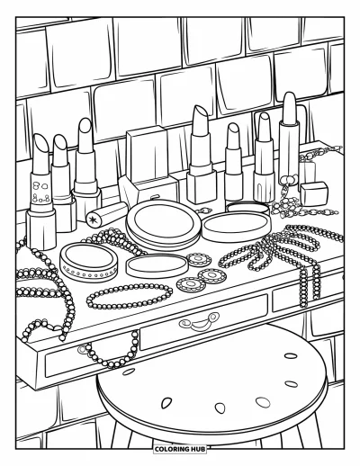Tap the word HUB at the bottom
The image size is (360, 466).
tap(199, 449)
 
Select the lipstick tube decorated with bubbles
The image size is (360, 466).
tap(41, 192)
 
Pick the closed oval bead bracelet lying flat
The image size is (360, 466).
tap(130, 297)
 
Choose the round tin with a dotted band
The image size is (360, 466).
tap(88, 263)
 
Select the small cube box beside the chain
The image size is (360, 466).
tap(313, 193)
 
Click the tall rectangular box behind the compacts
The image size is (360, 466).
tap(147, 155)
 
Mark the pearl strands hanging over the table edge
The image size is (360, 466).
tap(310, 285)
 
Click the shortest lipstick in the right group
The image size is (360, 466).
tap(234, 162)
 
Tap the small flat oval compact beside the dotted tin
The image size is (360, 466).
tap(157, 265)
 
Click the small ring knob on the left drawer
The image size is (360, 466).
tap(82, 350)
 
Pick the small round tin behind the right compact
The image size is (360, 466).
tap(247, 207)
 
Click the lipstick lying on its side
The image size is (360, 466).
tap(107, 214)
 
